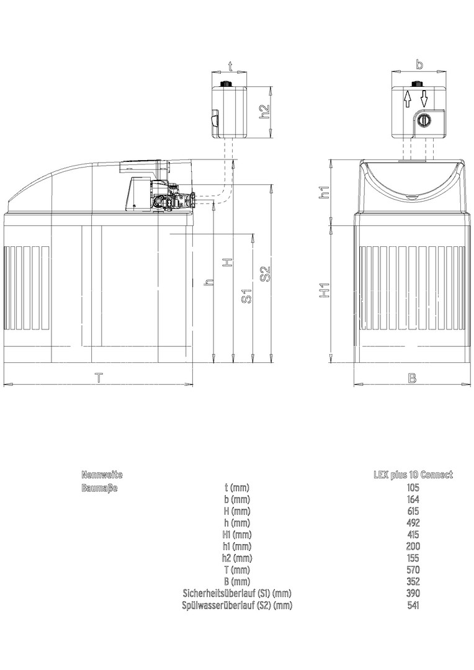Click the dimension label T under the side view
point(99,378)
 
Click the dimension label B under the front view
point(411,378)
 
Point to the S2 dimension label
point(266,274)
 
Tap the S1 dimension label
point(247,296)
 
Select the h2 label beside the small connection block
point(265,112)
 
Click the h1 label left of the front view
point(325,192)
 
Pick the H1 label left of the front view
point(325,290)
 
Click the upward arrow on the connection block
point(408,99)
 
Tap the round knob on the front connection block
point(423,120)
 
